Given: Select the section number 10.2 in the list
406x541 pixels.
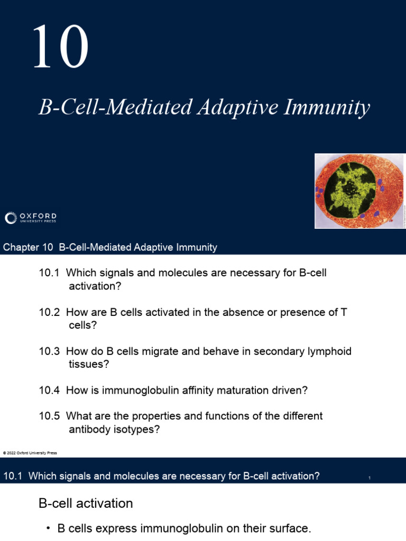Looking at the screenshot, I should click(50, 312).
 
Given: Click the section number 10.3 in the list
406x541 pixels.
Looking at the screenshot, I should click(50, 351).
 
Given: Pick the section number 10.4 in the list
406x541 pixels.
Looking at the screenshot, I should click(50, 390).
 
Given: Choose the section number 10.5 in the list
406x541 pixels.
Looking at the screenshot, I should click(50, 416).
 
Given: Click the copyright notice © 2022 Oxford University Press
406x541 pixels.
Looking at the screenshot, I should click(30, 453).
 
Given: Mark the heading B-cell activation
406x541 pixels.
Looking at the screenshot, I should click(86, 503).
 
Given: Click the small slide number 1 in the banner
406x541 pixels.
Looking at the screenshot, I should click(370, 478).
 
